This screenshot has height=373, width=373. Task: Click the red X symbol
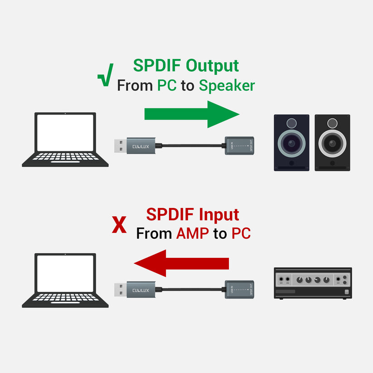[119, 225]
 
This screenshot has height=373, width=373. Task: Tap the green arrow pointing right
[192, 114]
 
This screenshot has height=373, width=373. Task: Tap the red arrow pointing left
[181, 263]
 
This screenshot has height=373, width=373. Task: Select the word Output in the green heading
[213, 65]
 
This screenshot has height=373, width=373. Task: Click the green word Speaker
[227, 86]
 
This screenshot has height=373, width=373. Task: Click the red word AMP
[193, 234]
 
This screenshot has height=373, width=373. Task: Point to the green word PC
[167, 86]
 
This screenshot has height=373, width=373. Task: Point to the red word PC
[241, 234]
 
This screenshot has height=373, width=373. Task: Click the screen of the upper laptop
[66, 132]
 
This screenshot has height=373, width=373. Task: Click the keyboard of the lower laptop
[66, 298]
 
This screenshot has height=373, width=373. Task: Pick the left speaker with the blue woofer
[291, 142]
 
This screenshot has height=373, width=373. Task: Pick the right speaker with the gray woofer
[332, 142]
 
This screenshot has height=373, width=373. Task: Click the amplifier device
[313, 283]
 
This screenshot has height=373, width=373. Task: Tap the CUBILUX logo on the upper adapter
[140, 146]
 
